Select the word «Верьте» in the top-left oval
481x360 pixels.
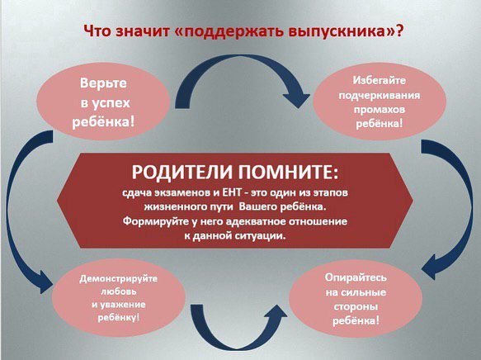103,83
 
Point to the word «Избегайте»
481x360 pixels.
380,80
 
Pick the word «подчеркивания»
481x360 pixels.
380,95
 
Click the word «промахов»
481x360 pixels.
380,109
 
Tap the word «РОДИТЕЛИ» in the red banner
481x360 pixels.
182,173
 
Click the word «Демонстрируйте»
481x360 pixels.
119,279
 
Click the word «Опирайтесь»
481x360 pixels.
356,277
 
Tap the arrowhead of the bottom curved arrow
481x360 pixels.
275,315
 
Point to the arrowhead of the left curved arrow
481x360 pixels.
45,282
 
